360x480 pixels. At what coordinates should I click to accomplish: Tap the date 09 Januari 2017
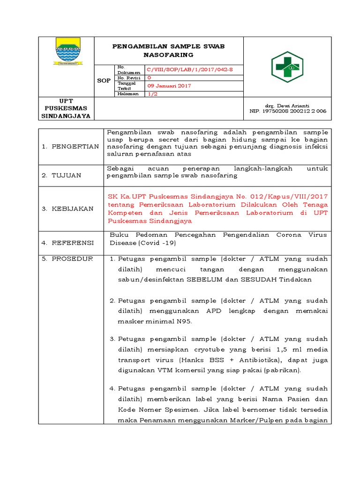coord(169,86)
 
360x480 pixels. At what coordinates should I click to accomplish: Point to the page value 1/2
coord(153,94)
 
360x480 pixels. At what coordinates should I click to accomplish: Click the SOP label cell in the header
coord(104,81)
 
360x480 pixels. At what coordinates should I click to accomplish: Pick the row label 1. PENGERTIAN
coord(69,146)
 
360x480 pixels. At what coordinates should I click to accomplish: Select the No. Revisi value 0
coord(149,77)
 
